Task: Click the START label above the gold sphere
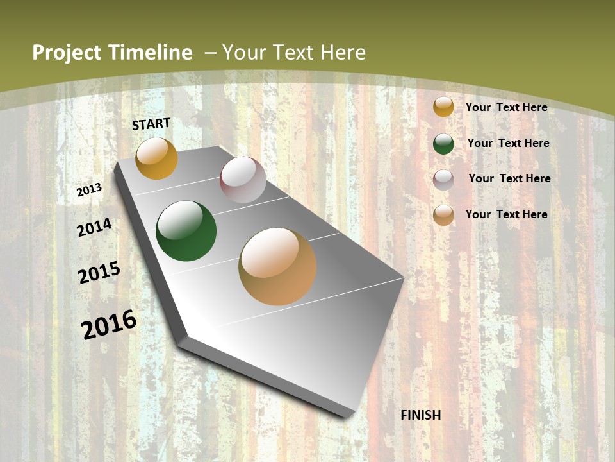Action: (151, 124)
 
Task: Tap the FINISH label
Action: (421, 415)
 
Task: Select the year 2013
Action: (90, 190)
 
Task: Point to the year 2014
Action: (95, 227)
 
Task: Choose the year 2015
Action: (99, 273)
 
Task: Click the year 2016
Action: (109, 325)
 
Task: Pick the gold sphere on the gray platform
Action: (156, 158)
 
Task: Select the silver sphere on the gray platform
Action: (243, 180)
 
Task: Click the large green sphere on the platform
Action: (186, 231)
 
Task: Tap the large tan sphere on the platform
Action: (277, 266)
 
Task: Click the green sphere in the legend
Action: (443, 144)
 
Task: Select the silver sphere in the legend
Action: (443, 180)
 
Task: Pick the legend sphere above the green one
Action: (443, 107)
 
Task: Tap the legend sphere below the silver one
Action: (443, 215)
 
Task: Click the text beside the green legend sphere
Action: (508, 143)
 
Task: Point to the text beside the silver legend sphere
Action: (509, 178)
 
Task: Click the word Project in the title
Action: (68, 53)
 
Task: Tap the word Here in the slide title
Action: (343, 53)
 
